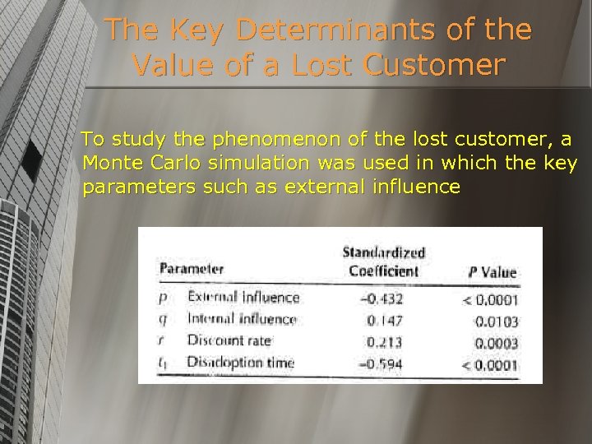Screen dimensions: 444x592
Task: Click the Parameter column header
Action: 191,269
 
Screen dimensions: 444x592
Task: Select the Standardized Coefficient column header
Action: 383,261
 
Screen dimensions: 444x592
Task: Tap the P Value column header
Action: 492,272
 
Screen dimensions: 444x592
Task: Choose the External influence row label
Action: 243,297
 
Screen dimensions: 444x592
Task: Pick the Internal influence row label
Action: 242,318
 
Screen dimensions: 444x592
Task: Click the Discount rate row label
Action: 229,340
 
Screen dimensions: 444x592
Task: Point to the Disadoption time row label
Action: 240,362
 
